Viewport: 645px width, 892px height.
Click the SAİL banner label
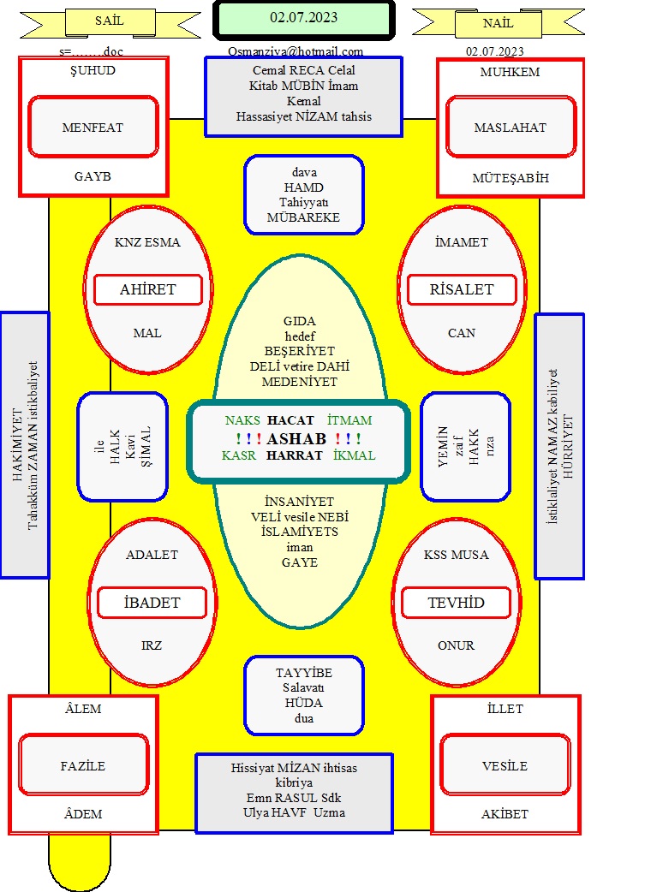click(x=110, y=21)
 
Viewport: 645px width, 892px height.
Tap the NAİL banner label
click(x=499, y=24)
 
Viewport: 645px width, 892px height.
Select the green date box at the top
click(x=304, y=19)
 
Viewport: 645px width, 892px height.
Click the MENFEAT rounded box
click(x=93, y=127)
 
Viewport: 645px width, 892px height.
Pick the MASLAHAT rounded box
click(x=511, y=127)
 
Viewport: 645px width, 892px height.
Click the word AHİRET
click(x=147, y=289)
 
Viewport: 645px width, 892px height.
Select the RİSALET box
click(x=462, y=289)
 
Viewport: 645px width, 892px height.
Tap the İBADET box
click(x=152, y=603)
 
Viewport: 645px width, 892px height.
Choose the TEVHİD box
click(x=456, y=603)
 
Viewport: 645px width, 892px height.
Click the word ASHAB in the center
click(x=296, y=438)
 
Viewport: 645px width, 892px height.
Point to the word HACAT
click(x=291, y=420)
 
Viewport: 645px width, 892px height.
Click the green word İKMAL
click(x=354, y=455)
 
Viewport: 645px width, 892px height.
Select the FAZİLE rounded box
click(x=83, y=765)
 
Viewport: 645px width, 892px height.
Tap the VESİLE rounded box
click(x=505, y=765)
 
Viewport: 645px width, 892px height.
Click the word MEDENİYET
click(x=300, y=382)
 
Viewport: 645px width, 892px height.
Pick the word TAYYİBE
click(x=304, y=673)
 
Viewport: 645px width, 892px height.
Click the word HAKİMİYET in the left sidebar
click(x=18, y=445)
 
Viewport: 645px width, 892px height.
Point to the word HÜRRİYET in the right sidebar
click(x=568, y=446)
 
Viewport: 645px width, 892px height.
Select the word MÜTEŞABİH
click(x=511, y=178)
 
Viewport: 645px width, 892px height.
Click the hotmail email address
click(x=296, y=51)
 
